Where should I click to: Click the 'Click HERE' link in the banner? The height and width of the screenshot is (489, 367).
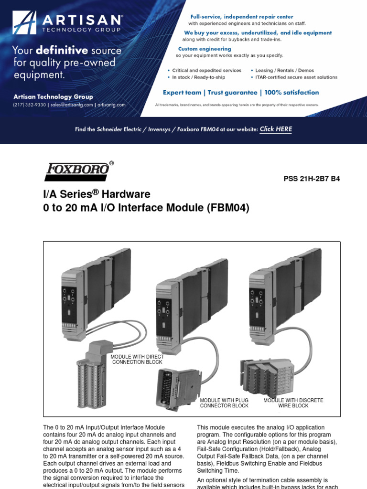[x=276, y=129]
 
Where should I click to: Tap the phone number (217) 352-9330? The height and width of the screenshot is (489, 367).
[x=29, y=105]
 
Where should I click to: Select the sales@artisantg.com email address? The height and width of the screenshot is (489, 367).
[x=71, y=105]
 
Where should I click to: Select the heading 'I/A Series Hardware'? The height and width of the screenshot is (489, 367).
[x=97, y=194]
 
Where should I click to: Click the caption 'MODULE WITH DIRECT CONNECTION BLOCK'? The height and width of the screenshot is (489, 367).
[x=137, y=360]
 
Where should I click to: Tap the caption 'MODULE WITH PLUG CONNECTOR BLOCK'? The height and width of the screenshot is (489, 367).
[x=224, y=403]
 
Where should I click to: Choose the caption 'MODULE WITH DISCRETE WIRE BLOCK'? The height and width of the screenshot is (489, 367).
[x=293, y=403]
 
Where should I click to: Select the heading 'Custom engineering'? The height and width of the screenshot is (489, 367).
[x=205, y=49]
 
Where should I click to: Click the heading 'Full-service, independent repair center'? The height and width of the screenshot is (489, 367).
[x=242, y=17]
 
